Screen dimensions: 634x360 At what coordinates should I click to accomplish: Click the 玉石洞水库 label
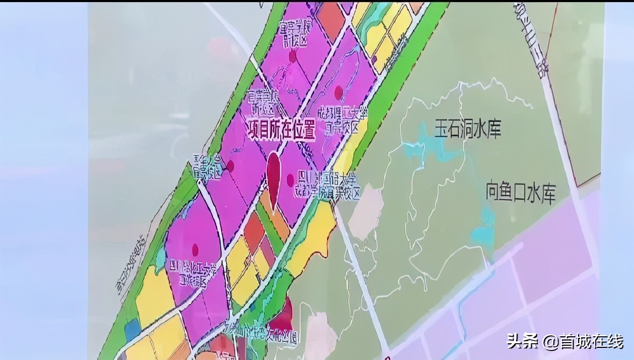point(467,129)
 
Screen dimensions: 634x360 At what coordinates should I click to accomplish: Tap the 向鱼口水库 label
point(521,193)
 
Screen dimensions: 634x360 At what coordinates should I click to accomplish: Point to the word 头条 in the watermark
point(522,341)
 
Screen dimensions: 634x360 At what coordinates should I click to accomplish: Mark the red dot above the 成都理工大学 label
point(339,93)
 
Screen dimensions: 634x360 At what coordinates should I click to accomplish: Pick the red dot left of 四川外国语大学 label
point(290,179)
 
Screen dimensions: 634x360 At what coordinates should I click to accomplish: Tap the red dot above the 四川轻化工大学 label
point(195,249)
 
